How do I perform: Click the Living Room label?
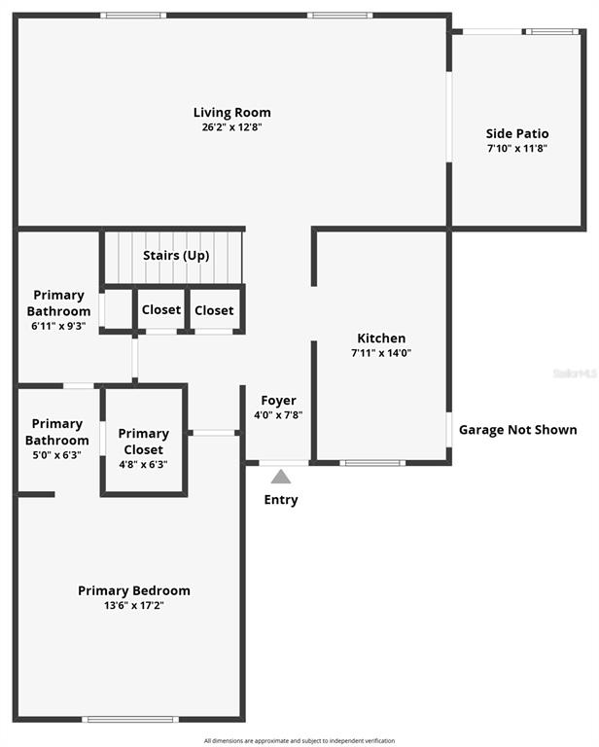(231, 113)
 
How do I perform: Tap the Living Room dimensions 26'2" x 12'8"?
(231, 127)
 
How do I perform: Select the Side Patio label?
(517, 133)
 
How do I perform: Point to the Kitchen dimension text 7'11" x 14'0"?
(381, 353)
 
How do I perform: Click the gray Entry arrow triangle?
(281, 477)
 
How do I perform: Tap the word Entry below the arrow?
(281, 500)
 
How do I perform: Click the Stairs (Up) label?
(176, 256)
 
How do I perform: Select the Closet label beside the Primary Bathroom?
(161, 309)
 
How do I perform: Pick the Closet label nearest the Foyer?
(214, 310)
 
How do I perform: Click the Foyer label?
(278, 401)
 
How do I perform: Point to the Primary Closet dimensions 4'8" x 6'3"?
(143, 465)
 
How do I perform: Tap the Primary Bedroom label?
(134, 590)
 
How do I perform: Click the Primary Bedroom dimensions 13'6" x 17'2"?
(134, 606)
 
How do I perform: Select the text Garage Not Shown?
(518, 430)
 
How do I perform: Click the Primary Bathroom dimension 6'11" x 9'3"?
(58, 327)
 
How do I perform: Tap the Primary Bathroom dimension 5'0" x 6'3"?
(57, 455)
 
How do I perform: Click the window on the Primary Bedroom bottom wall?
(130, 719)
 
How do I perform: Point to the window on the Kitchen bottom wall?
(372, 463)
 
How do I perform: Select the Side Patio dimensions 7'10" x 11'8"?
(517, 148)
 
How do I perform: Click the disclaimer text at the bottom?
(299, 741)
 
